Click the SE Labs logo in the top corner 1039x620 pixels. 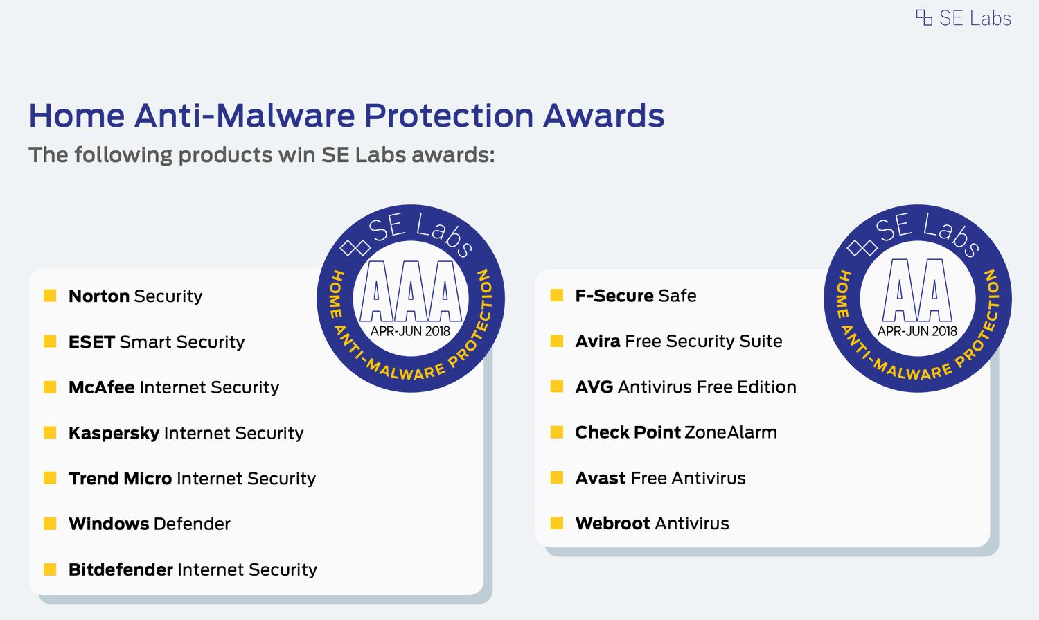coord(963,18)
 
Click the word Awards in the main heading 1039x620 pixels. coord(603,115)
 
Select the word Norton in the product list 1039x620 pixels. coord(99,296)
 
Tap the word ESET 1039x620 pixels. coord(91,342)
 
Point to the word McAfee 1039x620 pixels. coord(102,387)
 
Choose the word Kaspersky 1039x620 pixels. coord(114,433)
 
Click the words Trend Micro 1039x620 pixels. coord(120,478)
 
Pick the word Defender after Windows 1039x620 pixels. coord(192,524)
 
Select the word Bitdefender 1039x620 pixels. coord(121,569)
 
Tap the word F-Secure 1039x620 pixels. coord(614,295)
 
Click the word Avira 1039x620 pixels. coord(597,341)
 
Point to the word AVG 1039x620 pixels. coord(594,387)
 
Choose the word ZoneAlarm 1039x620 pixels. coord(731,432)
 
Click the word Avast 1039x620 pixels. coord(601,477)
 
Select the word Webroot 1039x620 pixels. coord(612,523)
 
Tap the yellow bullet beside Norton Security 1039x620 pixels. coord(50,296)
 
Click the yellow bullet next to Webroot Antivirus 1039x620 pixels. coord(557,523)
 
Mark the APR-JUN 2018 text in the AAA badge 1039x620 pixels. coord(410,331)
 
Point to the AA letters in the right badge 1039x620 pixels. coord(917,290)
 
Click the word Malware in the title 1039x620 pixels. coord(285,115)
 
